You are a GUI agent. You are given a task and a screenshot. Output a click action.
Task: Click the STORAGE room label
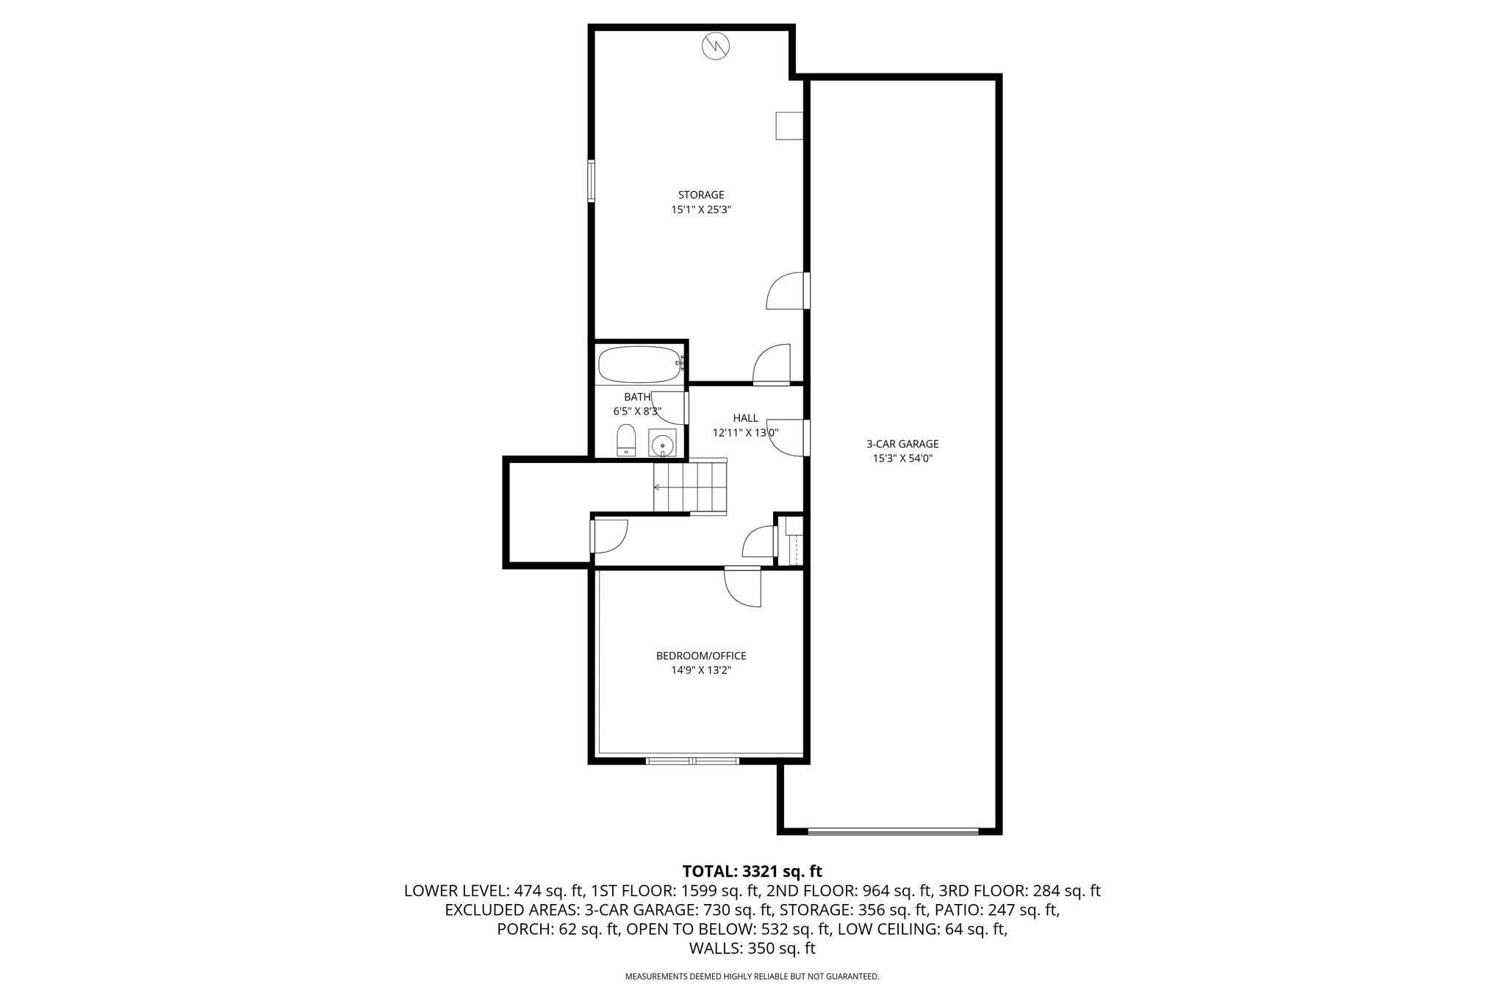tap(701, 195)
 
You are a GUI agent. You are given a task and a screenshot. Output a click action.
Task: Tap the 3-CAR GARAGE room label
tap(902, 444)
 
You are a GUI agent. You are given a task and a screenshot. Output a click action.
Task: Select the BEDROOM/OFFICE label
tap(701, 656)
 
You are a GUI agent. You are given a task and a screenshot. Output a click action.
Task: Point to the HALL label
tap(745, 418)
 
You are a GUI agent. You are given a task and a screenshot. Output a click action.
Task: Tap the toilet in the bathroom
tap(626, 440)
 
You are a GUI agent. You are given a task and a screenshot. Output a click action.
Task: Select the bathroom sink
tap(662, 443)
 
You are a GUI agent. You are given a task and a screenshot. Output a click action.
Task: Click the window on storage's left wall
tap(591, 181)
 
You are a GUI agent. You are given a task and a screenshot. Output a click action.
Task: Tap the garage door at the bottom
tap(893, 831)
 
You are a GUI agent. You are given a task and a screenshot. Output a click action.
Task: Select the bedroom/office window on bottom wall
tap(692, 761)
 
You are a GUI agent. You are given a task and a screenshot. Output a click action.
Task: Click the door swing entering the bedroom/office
tap(742, 587)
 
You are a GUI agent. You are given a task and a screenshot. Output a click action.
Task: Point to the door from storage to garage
tap(788, 290)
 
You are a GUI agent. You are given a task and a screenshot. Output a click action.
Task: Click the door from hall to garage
tap(788, 438)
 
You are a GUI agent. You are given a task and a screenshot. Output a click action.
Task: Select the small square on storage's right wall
tap(789, 126)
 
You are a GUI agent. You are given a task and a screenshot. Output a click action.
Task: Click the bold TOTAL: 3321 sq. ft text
tap(752, 872)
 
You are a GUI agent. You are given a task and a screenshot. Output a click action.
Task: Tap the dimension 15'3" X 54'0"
tap(902, 459)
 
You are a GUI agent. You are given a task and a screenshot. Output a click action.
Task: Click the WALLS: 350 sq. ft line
tap(752, 948)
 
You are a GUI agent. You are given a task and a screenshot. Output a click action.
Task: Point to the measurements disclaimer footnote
tap(752, 977)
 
